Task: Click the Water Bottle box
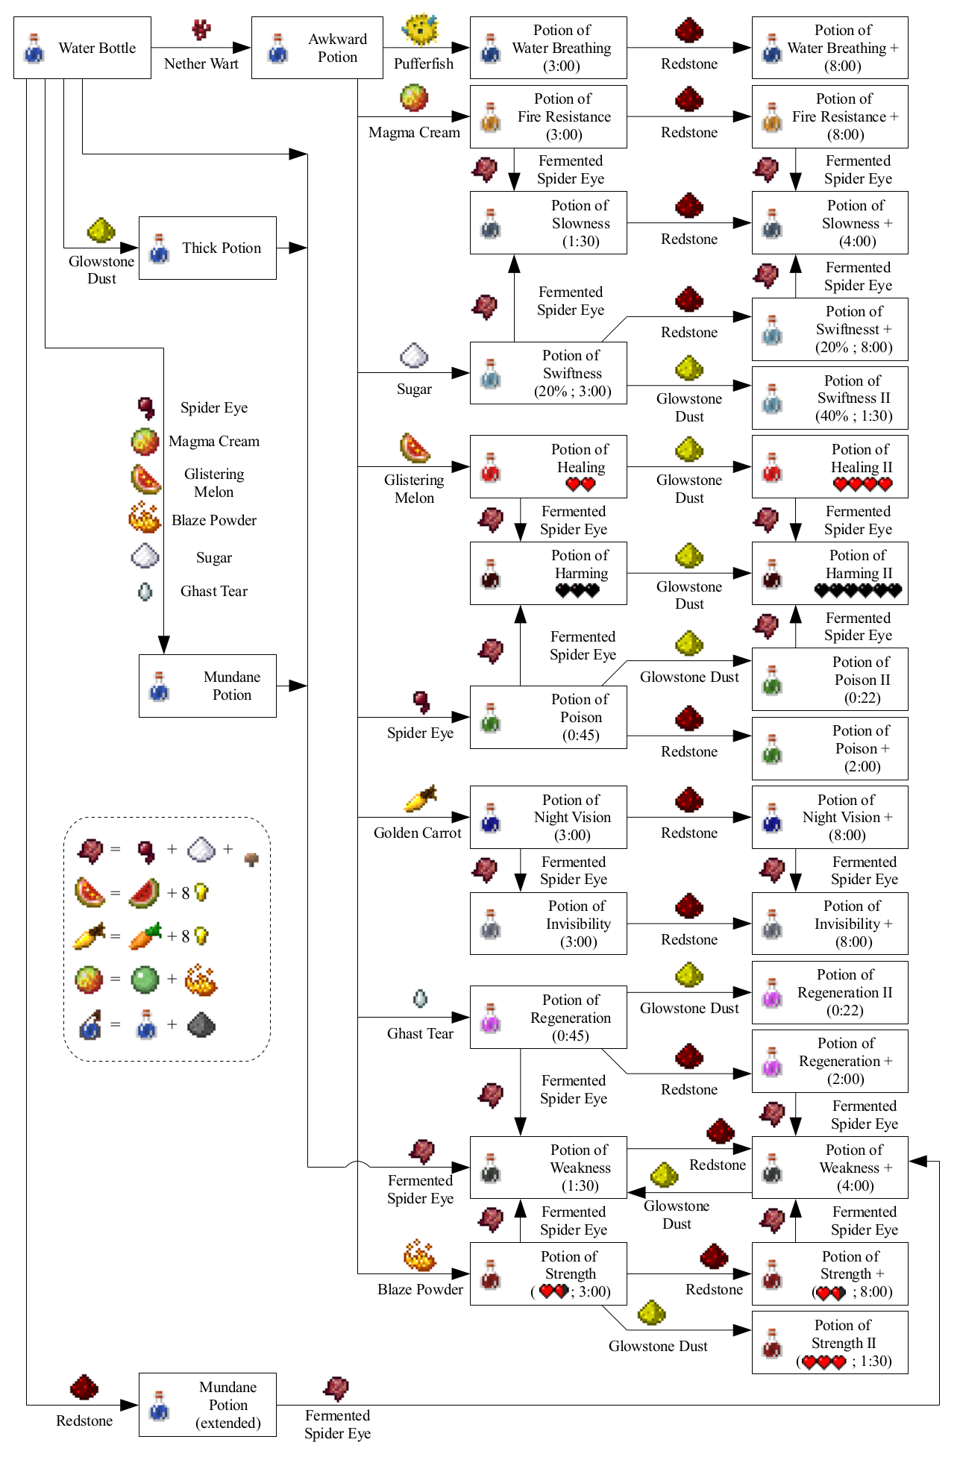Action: (x=82, y=48)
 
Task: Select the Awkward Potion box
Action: (x=317, y=48)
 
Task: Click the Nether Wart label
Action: (x=201, y=64)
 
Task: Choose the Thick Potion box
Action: (x=207, y=248)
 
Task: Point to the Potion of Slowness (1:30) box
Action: (x=548, y=223)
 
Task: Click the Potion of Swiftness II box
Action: (x=829, y=398)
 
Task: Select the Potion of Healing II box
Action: (x=829, y=467)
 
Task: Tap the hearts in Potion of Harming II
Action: (x=858, y=591)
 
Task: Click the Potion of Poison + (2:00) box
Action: (x=829, y=748)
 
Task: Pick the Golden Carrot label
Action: (x=417, y=833)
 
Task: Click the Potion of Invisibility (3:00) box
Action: (x=548, y=924)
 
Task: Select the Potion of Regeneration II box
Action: (x=829, y=992)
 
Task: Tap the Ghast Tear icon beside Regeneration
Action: (x=420, y=998)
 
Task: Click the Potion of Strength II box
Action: (x=829, y=1343)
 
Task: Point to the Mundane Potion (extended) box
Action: (x=207, y=1405)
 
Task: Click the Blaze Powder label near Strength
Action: (x=420, y=1290)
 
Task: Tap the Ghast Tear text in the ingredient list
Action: (x=213, y=592)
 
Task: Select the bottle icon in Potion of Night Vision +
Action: (x=772, y=818)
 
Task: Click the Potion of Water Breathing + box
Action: (x=829, y=48)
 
